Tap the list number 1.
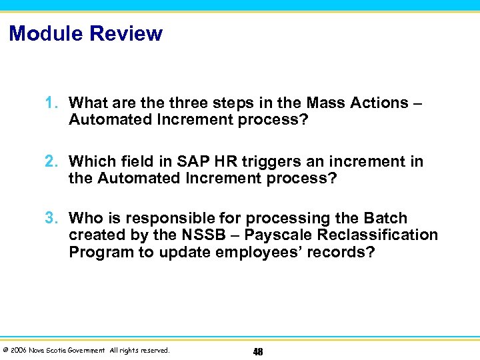pyautogui.click(x=51, y=103)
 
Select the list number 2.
pyautogui.click(x=51, y=162)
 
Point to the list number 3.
pyautogui.click(x=51, y=219)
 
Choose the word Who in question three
pyautogui.click(x=85, y=219)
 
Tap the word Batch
pyautogui.click(x=385, y=219)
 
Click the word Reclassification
pyautogui.click(x=378, y=235)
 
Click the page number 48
pyautogui.click(x=257, y=351)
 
